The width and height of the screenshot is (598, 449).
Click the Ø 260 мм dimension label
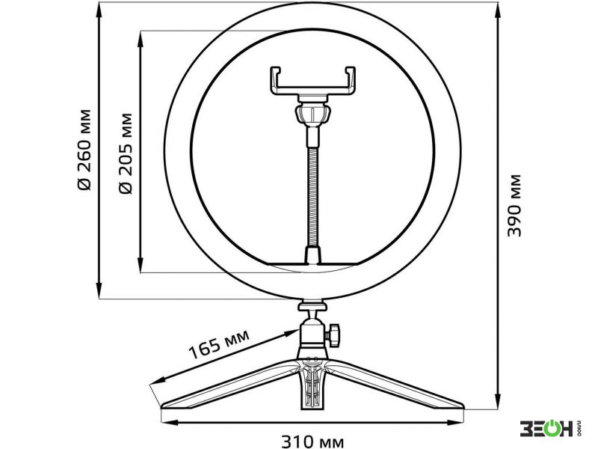click(x=84, y=150)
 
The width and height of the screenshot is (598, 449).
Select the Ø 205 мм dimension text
click(x=125, y=153)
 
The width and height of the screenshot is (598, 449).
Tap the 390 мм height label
click(x=514, y=205)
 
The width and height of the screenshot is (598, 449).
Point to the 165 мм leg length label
click(x=219, y=344)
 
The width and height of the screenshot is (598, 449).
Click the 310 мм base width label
click(x=312, y=442)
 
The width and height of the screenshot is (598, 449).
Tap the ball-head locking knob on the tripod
click(x=333, y=335)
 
